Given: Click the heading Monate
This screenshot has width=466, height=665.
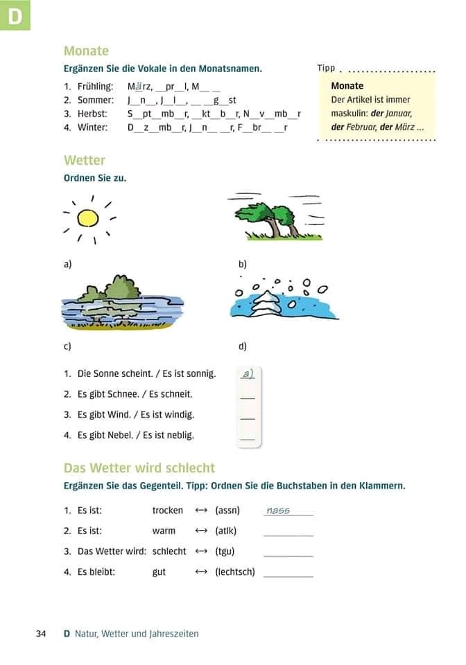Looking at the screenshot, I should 86,51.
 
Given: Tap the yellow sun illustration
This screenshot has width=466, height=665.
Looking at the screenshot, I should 88,218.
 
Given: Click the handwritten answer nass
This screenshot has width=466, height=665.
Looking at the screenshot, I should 278,511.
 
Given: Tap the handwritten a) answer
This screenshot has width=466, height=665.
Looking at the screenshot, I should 248,373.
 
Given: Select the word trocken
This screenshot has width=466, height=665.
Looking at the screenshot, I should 168,511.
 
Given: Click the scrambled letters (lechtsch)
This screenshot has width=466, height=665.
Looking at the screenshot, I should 235,572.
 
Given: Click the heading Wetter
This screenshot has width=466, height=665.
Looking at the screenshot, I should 85,160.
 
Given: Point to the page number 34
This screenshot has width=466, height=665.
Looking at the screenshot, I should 41,633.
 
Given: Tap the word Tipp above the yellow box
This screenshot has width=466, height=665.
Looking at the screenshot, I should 326,68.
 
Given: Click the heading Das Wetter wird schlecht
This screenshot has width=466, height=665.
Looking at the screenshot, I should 139,468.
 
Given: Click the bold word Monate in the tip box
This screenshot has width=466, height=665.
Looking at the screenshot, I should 347,86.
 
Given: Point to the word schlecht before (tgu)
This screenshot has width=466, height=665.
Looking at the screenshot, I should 169,551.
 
